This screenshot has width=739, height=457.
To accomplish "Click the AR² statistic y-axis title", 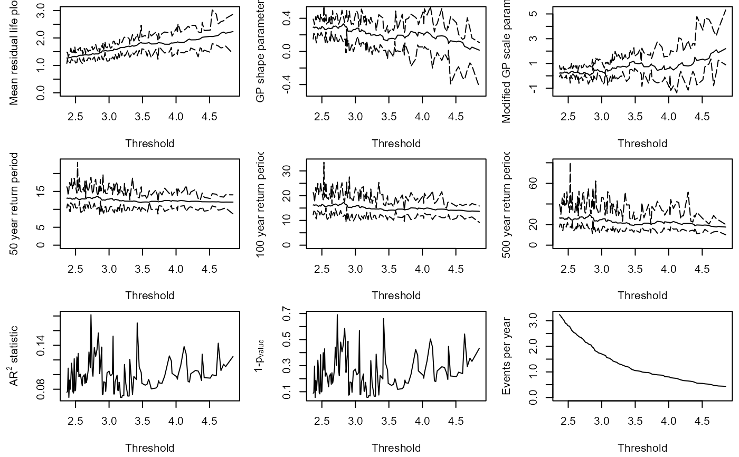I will coord(14,356).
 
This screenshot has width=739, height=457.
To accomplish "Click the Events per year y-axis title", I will coord(506,356).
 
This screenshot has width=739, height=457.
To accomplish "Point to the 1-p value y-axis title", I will coord(260,356).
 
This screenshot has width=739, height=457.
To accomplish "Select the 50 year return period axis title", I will coord(14,204).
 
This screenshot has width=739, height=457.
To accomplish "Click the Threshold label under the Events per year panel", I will coord(642,448).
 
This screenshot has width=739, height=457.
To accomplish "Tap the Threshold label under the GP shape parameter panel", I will coord(396,144).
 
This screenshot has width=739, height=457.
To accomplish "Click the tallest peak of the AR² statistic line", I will coord(91,315).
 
